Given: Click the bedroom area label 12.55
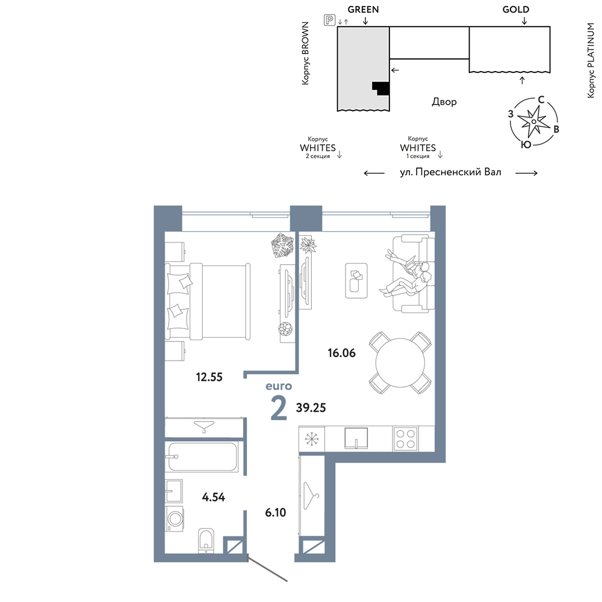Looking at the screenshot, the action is coord(209,377).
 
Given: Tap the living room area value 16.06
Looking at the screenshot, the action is coord(342,353).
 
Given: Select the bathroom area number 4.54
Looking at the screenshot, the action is coord(214,497).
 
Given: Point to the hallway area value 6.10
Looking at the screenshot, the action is coord(276,512).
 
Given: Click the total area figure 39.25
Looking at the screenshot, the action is coord(311,408).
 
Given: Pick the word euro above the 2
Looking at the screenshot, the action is coord(279,386).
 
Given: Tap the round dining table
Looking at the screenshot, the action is coord(400,363).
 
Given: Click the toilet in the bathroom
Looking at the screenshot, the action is coord(206,541).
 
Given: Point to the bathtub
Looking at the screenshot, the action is coord(202,457).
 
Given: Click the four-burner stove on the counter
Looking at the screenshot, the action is coord(405,439).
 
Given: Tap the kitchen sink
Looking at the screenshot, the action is coord(356,438).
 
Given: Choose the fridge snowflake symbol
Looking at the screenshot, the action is coord(311,439).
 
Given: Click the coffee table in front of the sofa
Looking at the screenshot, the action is coord(356,281).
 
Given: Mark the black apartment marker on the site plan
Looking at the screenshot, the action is coord(381,88).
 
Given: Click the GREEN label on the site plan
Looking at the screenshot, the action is coord(363,10).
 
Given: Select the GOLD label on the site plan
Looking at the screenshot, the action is coord(516,10).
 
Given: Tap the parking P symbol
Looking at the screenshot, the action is coord(329,20).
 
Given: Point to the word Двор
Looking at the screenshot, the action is coord(444,102).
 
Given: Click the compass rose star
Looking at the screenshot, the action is coord(533,122).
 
